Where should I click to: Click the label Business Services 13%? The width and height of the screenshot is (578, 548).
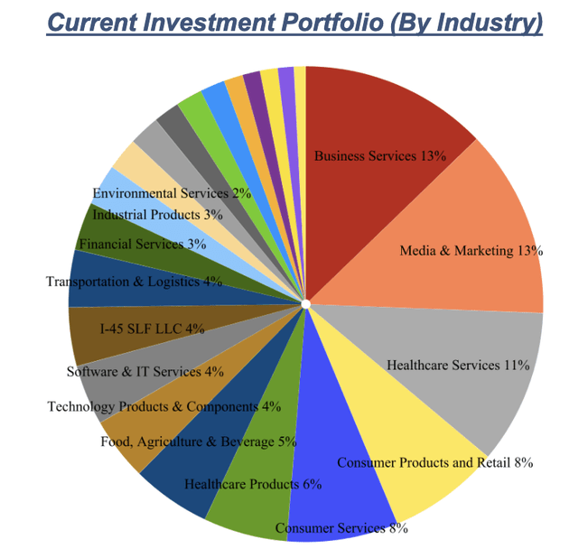click(x=379, y=156)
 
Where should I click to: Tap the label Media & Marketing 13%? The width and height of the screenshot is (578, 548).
click(x=471, y=251)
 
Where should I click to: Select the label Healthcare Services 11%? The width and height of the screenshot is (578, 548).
click(x=457, y=366)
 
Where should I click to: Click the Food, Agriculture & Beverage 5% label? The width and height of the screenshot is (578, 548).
click(x=198, y=441)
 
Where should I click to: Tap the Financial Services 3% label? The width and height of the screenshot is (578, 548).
click(x=142, y=244)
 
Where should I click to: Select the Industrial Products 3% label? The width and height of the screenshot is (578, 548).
click(x=157, y=215)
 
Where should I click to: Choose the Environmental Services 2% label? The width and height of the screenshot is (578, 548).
click(x=172, y=193)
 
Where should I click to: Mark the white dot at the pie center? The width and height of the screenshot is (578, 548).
click(x=306, y=304)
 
